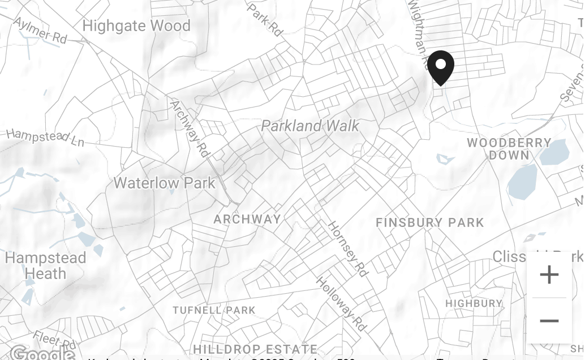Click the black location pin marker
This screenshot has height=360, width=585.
[440, 67]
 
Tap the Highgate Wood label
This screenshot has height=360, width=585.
[136, 26]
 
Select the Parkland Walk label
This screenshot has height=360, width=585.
[310, 126]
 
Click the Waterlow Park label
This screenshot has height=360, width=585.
[164, 183]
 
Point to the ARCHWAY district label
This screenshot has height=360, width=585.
[247, 219]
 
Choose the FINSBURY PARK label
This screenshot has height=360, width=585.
[430, 222]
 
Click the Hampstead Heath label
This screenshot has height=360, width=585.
[45, 265]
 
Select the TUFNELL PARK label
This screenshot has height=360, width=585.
[214, 310]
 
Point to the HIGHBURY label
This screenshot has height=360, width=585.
[474, 303]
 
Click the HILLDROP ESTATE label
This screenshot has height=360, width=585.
[255, 349]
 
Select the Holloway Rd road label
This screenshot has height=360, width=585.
[341, 304]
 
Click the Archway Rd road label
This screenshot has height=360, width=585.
[189, 128]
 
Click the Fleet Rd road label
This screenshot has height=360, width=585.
[54, 340]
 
